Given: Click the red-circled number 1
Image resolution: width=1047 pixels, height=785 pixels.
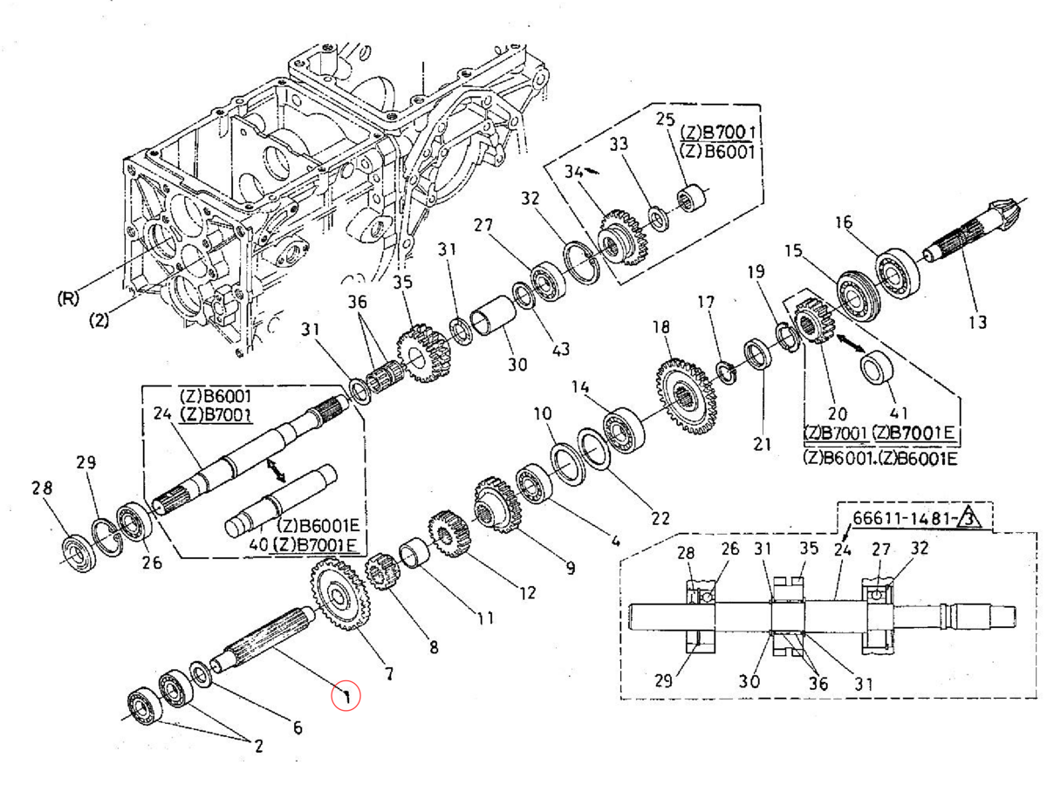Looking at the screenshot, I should [x=346, y=696].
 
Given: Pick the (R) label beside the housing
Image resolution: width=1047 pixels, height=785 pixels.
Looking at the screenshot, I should [x=67, y=297].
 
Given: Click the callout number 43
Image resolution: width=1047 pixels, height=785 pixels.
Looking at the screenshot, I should [x=559, y=348].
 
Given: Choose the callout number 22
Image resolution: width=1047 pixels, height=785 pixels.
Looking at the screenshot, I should [x=660, y=519].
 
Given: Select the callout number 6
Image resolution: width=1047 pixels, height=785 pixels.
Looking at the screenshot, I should [x=296, y=727].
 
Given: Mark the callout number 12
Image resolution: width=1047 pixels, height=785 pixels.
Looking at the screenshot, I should [x=526, y=593].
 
